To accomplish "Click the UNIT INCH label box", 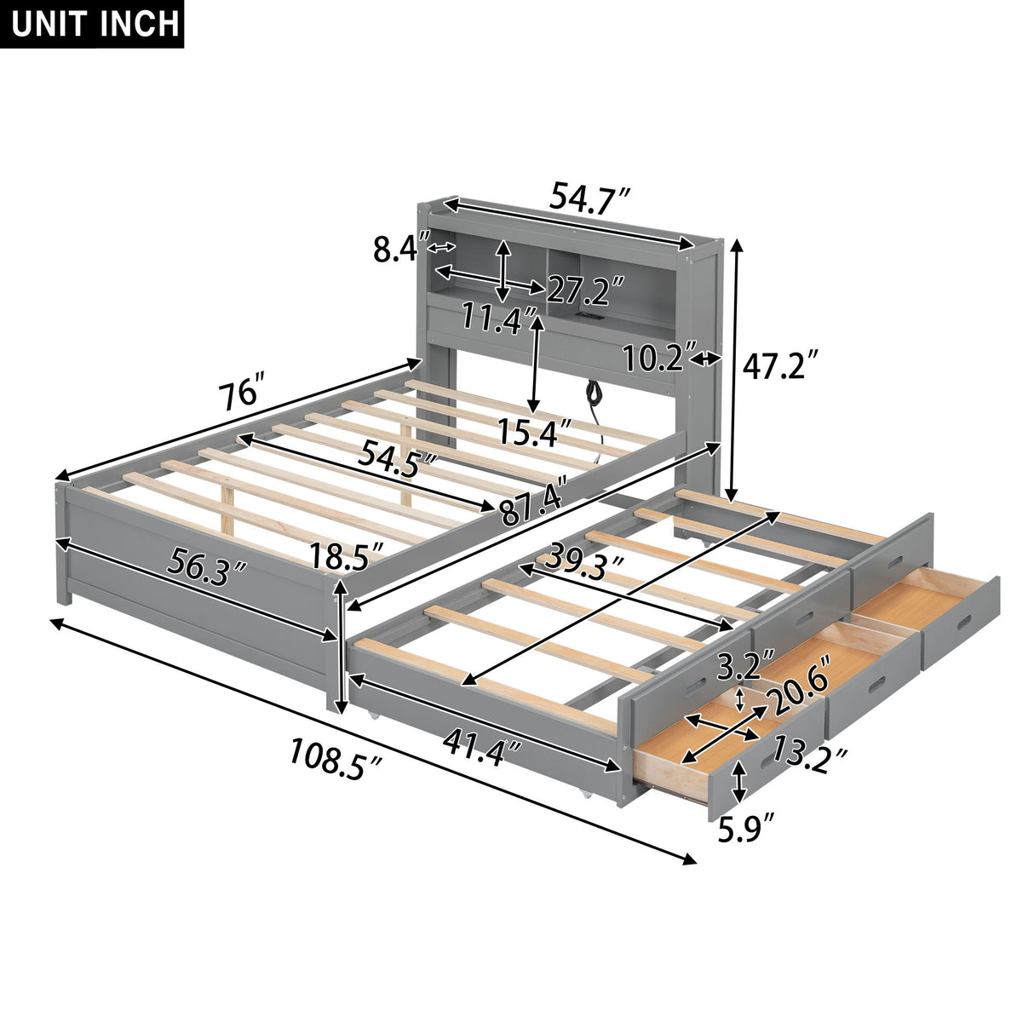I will pos(95,24).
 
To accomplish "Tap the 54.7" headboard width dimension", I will pos(589,198).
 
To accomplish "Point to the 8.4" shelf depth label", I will pos(399,249).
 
